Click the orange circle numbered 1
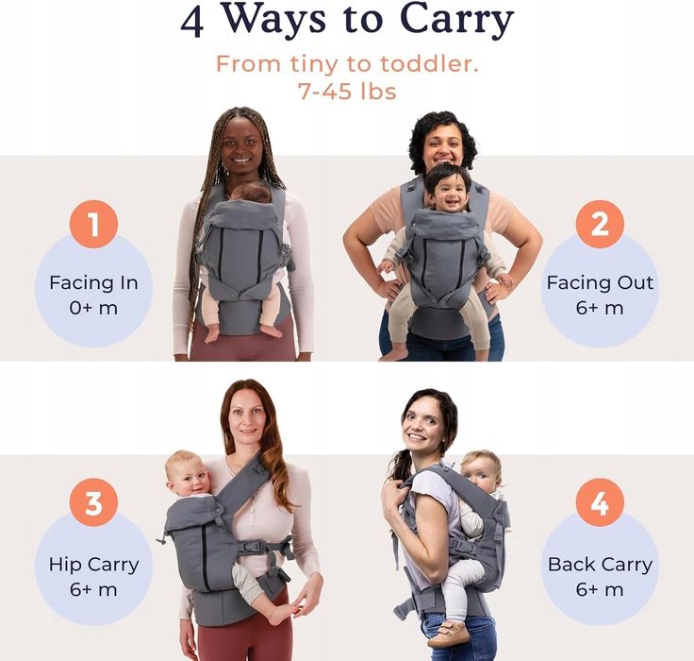93,225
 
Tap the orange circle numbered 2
600,225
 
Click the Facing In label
93,283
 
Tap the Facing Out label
600,283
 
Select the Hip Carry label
93,565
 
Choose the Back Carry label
600,565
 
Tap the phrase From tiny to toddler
346,64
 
